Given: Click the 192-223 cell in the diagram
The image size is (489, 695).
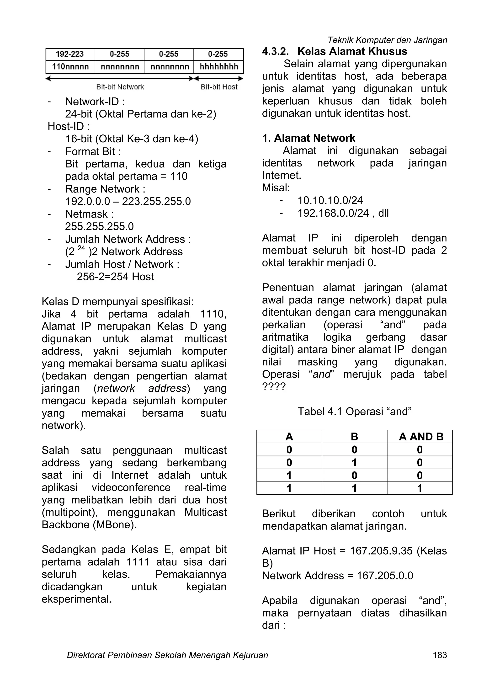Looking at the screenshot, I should pyautogui.click(x=70, y=54).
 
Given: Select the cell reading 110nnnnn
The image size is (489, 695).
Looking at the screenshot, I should pyautogui.click(x=70, y=67).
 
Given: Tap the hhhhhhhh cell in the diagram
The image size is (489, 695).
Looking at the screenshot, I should pyautogui.click(x=218, y=67).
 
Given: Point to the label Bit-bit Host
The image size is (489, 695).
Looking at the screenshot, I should pyautogui.click(x=219, y=87).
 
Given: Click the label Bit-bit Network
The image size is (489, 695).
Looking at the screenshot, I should pyautogui.click(x=120, y=87).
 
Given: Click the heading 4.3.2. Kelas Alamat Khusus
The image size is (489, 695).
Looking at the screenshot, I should pyautogui.click(x=334, y=51).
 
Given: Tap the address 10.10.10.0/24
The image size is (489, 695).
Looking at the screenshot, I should pyautogui.click(x=330, y=200).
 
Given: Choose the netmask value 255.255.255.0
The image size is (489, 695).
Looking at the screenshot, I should pyautogui.click(x=99, y=226).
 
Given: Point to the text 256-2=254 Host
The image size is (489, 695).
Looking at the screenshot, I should pyautogui.click(x=115, y=277).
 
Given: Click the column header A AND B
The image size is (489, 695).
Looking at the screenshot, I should pyautogui.click(x=421, y=437).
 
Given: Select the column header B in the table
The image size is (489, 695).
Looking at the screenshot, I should pyautogui.click(x=354, y=437).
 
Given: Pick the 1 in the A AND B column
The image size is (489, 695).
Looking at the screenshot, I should pyautogui.click(x=420, y=488).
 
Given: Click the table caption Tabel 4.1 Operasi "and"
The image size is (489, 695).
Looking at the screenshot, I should pyautogui.click(x=354, y=412).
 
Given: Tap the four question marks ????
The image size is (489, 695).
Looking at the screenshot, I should pyautogui.click(x=274, y=387).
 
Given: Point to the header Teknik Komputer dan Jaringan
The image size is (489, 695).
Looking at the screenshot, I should pyautogui.click(x=387, y=40).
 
